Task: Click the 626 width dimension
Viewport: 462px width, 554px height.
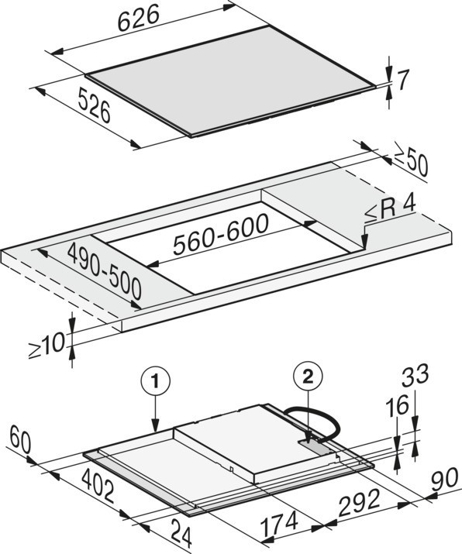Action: [139, 19]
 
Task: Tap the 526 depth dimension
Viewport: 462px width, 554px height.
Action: [94, 105]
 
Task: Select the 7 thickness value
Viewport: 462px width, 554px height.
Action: [402, 80]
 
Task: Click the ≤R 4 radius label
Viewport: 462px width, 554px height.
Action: [390, 212]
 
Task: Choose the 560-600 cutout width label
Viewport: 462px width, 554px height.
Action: [221, 234]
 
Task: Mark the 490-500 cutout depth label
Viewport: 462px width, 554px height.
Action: [105, 271]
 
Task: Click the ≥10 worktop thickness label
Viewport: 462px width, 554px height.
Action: [47, 346]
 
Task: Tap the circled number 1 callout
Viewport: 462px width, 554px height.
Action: [156, 381]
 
